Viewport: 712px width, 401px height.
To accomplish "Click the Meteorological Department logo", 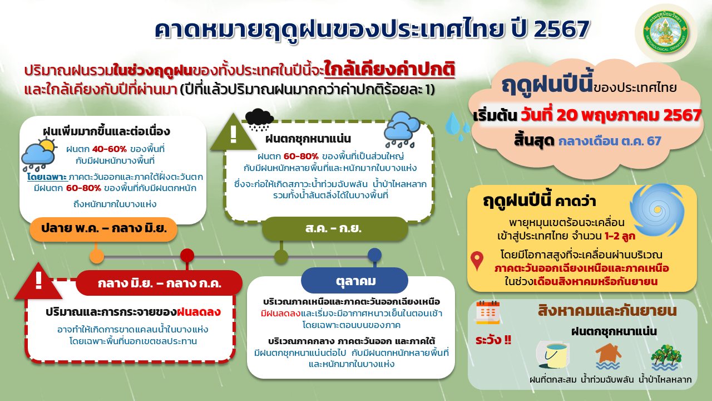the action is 666,32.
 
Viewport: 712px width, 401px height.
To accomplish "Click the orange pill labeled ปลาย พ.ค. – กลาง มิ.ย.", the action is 103,228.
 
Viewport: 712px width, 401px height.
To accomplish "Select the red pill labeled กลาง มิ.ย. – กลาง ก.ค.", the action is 159,283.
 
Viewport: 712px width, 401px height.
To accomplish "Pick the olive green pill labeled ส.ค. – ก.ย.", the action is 335,228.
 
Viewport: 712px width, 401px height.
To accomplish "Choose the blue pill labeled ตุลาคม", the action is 354,281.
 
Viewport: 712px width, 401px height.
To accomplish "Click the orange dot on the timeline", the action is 97,256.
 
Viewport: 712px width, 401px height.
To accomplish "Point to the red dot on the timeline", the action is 187,256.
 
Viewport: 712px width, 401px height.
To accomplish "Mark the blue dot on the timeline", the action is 374,255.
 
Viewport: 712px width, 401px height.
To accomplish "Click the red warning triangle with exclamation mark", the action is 38,283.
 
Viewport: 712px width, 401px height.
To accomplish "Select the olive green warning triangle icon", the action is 234,133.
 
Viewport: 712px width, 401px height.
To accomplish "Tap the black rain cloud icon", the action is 260,120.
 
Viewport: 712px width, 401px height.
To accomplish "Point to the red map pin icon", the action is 477,261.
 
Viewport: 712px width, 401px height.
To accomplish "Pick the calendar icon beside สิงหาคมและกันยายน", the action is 488,312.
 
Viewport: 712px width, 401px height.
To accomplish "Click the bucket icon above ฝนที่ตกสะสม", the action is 553,356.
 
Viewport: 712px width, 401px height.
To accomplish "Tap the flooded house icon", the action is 608,356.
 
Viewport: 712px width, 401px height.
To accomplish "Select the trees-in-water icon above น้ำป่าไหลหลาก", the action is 666,358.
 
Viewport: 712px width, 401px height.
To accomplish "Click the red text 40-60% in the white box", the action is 110,149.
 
